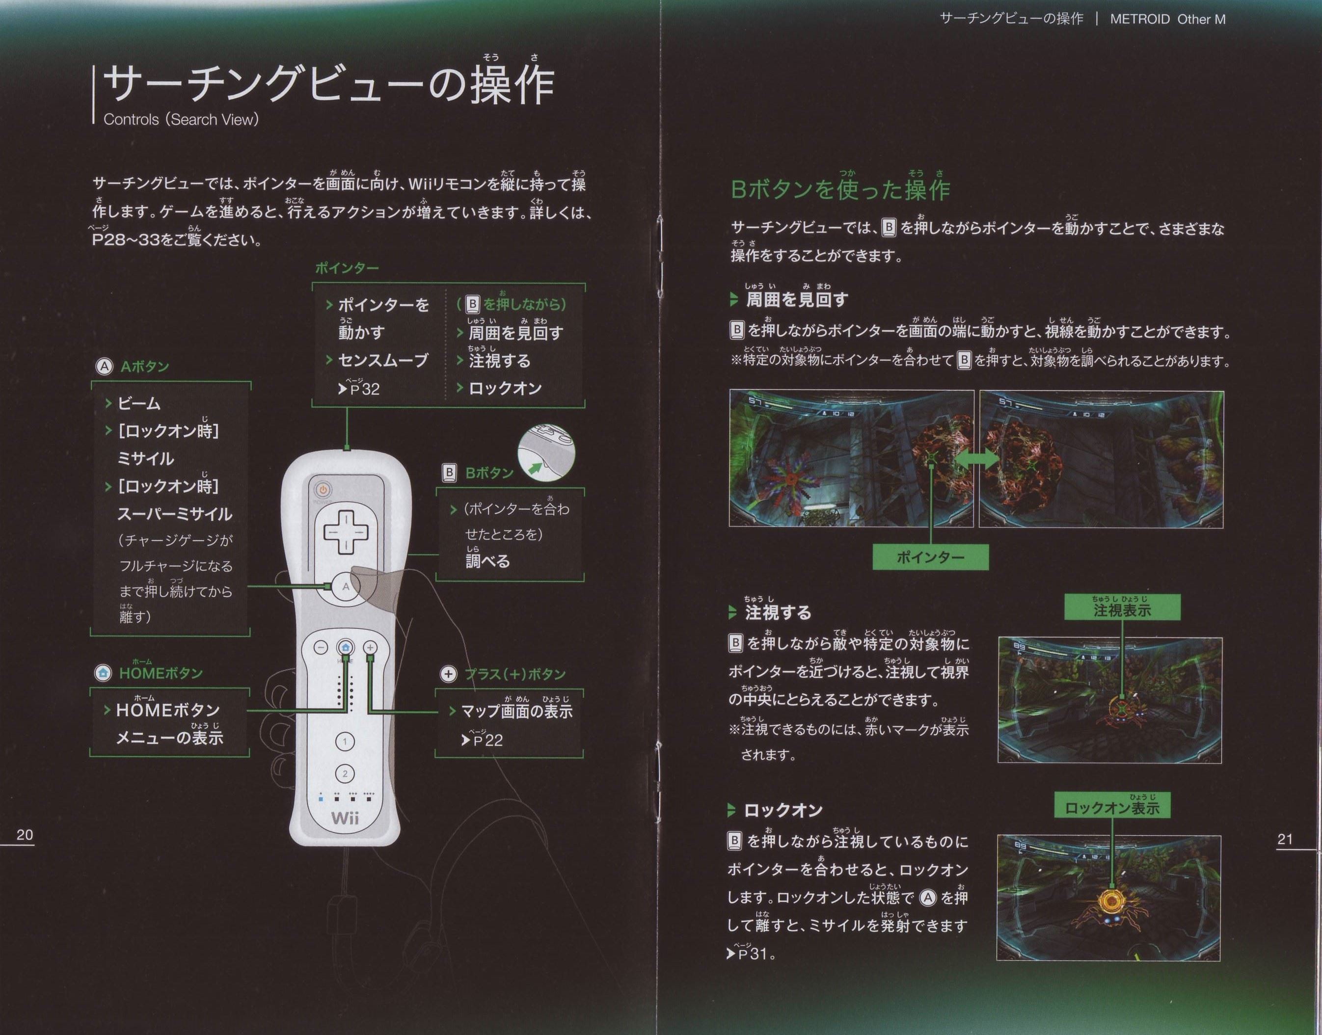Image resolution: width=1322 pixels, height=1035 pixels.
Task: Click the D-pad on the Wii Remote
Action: tap(346, 532)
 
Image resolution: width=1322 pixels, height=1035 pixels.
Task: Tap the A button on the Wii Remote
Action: tap(346, 586)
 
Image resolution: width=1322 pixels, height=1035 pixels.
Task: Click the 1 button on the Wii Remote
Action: tap(345, 741)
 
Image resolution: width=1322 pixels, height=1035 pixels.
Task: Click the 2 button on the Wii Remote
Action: tap(345, 774)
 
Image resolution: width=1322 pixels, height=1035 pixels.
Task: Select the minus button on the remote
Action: tap(321, 647)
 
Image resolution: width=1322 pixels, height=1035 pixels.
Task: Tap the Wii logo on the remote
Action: tap(345, 818)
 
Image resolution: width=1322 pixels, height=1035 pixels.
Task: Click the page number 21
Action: tap(1285, 839)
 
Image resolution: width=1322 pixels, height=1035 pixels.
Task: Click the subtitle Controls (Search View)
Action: tap(181, 119)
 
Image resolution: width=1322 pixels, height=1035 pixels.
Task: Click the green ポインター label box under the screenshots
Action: tap(930, 557)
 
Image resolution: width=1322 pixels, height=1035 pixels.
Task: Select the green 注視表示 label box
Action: tap(1122, 607)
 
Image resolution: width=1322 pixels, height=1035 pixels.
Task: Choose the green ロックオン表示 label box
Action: tap(1112, 805)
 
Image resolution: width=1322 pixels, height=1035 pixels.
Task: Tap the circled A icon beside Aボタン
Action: tap(104, 367)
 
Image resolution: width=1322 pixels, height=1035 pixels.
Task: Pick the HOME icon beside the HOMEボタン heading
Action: tap(103, 673)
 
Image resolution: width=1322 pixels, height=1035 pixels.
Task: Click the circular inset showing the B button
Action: tap(546, 452)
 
